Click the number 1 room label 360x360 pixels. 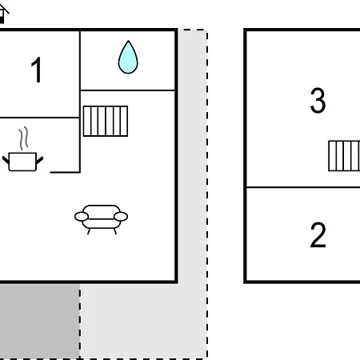pos(37,70)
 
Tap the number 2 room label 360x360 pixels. pos(318,235)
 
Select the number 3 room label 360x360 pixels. pos(318,101)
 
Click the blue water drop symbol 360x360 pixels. pos(128,58)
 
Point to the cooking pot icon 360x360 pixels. pos(22,162)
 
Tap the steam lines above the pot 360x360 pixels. pos(23,138)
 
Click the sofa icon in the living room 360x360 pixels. pos(101,219)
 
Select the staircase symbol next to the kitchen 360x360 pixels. pos(106,121)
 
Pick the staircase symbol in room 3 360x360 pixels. pos(344,156)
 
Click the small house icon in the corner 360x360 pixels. pos(3,14)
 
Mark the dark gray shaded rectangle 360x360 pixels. pos(39,321)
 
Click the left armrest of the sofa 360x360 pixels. pos(82,217)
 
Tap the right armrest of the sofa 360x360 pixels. pos(121,217)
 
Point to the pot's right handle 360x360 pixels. pos(39,160)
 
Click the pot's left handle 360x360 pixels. pos(6,160)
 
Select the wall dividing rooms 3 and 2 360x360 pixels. pos(303,187)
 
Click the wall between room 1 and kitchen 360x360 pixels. pos(39,118)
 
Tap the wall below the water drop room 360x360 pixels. pos(127,90)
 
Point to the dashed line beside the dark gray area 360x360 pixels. pos(80,322)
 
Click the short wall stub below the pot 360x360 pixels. pos(65,172)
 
